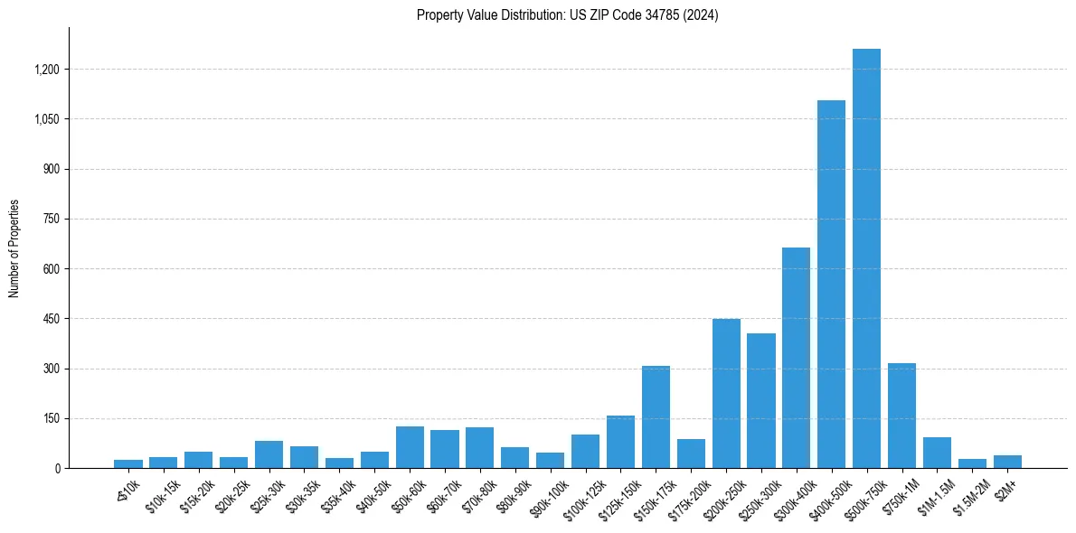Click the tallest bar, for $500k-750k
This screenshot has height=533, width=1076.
coord(866,258)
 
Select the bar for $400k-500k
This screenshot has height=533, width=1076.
coord(831,285)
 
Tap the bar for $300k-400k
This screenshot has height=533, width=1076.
coord(796,358)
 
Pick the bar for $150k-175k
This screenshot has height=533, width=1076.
coord(656,417)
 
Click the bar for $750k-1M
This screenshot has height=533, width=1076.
coord(901,416)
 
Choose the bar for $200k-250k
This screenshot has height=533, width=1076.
coord(726,394)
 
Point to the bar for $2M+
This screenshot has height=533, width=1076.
coord(1007,462)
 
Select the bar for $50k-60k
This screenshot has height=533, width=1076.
coord(410,447)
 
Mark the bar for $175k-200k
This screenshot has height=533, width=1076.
coord(691,454)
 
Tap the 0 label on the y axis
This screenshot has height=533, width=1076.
coord(57,469)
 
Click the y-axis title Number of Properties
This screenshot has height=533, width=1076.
coord(14,248)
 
